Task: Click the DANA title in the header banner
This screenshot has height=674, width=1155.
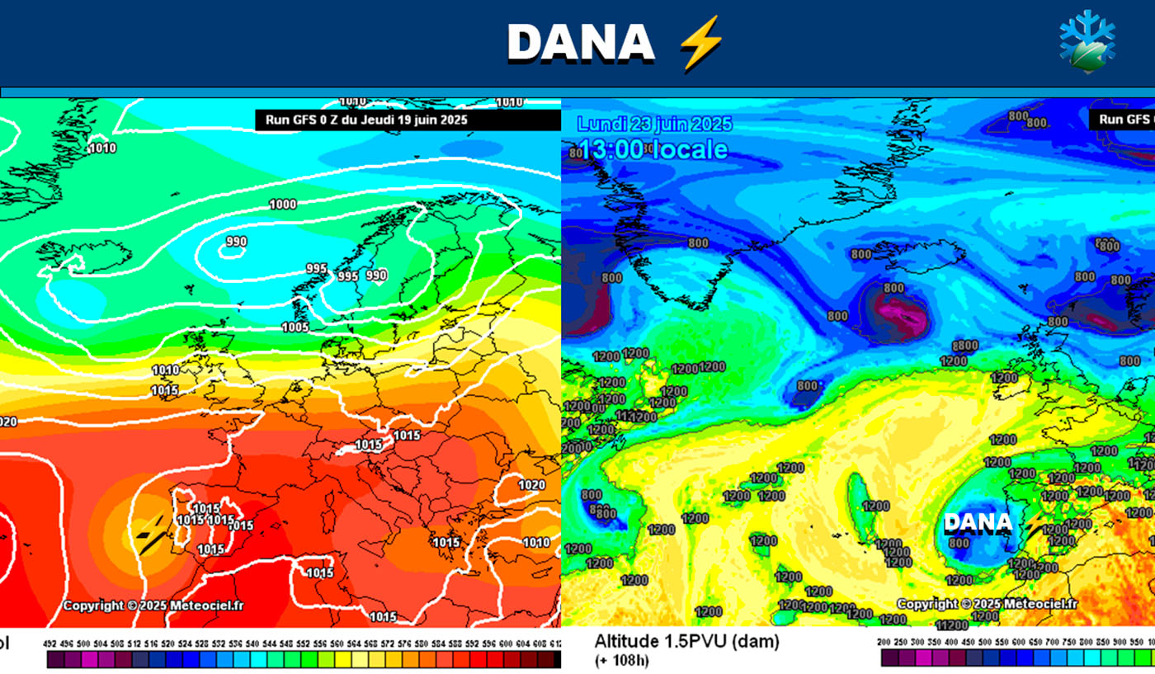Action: (580, 43)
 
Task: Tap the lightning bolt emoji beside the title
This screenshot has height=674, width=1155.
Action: (700, 43)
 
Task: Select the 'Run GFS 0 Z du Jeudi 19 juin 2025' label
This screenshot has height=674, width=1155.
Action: (366, 120)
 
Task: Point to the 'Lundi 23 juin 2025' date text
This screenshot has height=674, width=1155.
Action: (654, 125)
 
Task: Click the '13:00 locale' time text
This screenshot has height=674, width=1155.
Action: (653, 149)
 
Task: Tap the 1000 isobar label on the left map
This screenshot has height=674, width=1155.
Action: (283, 205)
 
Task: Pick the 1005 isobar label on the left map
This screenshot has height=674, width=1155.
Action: (295, 328)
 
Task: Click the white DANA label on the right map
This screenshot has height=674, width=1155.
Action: (978, 522)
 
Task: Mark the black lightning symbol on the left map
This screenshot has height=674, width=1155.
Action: (149, 535)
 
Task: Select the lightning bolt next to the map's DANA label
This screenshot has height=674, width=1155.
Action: (1031, 522)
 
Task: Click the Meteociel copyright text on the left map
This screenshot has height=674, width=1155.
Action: (153, 606)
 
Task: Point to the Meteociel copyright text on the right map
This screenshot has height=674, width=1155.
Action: (987, 604)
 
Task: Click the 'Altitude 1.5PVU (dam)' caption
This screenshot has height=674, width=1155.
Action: (686, 641)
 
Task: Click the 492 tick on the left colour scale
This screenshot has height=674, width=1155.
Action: (49, 643)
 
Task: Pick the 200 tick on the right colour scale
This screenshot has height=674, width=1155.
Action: (884, 642)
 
